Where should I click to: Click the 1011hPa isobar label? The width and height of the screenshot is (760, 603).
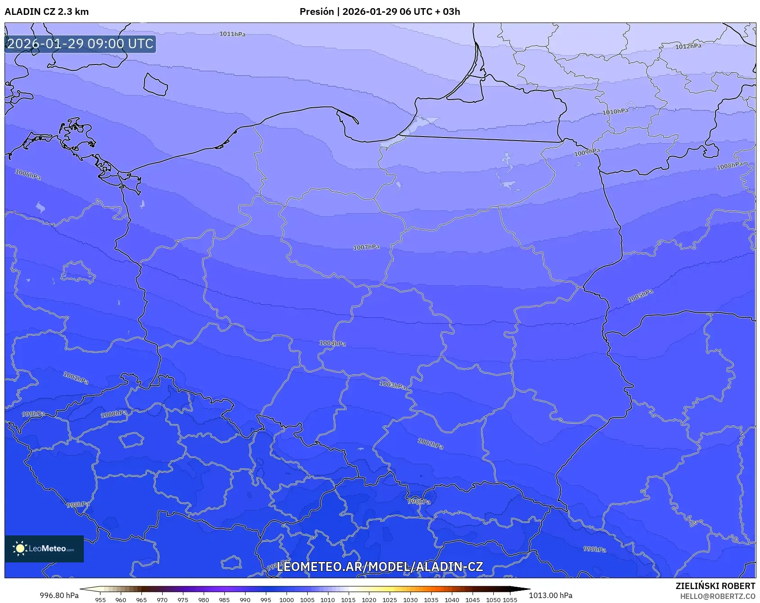[x=232, y=34]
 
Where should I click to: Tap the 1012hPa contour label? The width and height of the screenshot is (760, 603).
[x=688, y=46]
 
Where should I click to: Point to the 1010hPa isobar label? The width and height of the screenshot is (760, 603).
[x=615, y=111]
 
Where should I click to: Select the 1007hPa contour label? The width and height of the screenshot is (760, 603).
[x=366, y=247]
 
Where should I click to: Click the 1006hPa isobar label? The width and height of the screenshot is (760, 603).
[x=28, y=174]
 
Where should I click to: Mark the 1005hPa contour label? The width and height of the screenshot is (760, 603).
[x=640, y=296]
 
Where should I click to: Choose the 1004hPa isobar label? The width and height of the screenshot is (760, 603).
[x=332, y=343]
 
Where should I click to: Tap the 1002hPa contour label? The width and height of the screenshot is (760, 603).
[x=430, y=443]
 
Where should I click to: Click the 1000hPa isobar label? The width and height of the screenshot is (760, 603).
[x=114, y=414]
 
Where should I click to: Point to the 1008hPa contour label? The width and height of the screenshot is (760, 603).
[x=729, y=166]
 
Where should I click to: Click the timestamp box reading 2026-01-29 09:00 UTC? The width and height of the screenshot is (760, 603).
[x=80, y=44]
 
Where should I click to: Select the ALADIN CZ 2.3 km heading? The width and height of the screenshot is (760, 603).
[x=46, y=12]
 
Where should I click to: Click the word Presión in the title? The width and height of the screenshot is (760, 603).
[x=317, y=12]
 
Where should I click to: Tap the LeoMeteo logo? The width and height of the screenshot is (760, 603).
[x=44, y=548]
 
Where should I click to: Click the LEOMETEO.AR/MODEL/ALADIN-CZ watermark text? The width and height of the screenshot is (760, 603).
[x=380, y=566]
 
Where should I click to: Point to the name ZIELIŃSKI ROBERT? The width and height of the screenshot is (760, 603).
[x=715, y=586]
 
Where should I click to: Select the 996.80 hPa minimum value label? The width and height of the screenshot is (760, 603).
[x=59, y=595]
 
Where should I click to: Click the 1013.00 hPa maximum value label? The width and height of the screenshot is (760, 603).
[x=551, y=595]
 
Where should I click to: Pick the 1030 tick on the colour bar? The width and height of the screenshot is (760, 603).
[x=410, y=599]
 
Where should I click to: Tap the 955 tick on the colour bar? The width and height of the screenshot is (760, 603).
[x=100, y=599]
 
